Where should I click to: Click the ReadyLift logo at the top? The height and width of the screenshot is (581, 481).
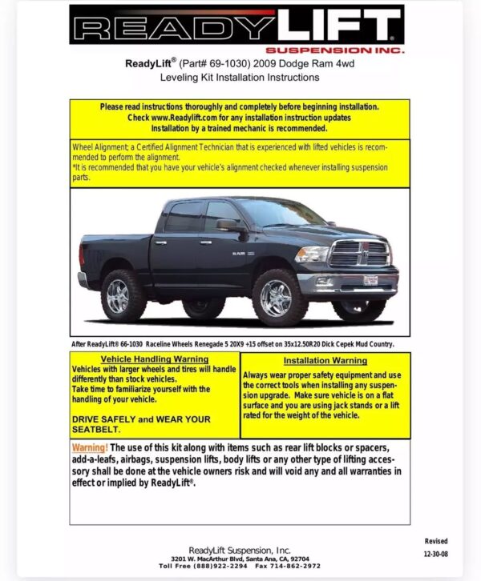(x=236, y=28)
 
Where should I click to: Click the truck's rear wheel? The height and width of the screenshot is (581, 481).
(x=122, y=295)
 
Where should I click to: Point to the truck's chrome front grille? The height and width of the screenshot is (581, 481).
(x=360, y=254)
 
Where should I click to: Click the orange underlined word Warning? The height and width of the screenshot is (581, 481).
(x=89, y=447)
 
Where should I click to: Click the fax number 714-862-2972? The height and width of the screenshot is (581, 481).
(x=289, y=566)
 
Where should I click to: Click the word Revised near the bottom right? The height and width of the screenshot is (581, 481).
(x=436, y=541)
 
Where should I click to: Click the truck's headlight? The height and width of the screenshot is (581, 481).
(x=313, y=253)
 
